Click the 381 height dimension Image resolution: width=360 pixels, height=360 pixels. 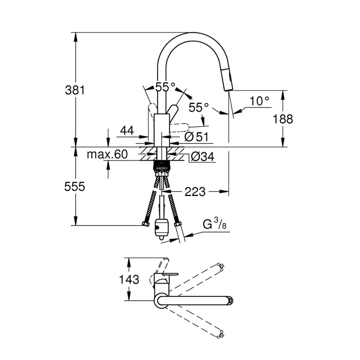coord(75,90)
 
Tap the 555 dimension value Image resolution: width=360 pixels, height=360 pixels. coord(75,186)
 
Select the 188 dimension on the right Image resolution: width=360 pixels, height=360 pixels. coord(283,119)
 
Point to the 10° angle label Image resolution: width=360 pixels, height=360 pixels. coord(259,101)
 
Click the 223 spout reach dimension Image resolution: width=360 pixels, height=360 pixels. coord(195,192)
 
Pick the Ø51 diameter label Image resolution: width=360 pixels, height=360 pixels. coord(197,137)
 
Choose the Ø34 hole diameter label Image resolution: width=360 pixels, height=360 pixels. coord(202,157)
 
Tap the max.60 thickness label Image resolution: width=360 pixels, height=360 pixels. coord(107,154)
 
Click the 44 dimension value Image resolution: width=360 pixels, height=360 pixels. coord(127,130)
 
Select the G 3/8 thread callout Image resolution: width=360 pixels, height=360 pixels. coord(215,224)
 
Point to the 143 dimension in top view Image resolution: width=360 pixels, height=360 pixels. coord(129,279)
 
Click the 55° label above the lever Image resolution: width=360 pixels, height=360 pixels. coord(165,87)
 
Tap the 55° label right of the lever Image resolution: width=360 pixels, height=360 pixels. coord(198,107)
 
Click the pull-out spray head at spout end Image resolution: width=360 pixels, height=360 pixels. coord(228,81)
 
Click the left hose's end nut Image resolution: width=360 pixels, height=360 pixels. coord(145,224)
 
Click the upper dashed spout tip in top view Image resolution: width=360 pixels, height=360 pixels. coord(220,266)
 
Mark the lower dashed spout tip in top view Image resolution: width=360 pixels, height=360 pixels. coord(221,334)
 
